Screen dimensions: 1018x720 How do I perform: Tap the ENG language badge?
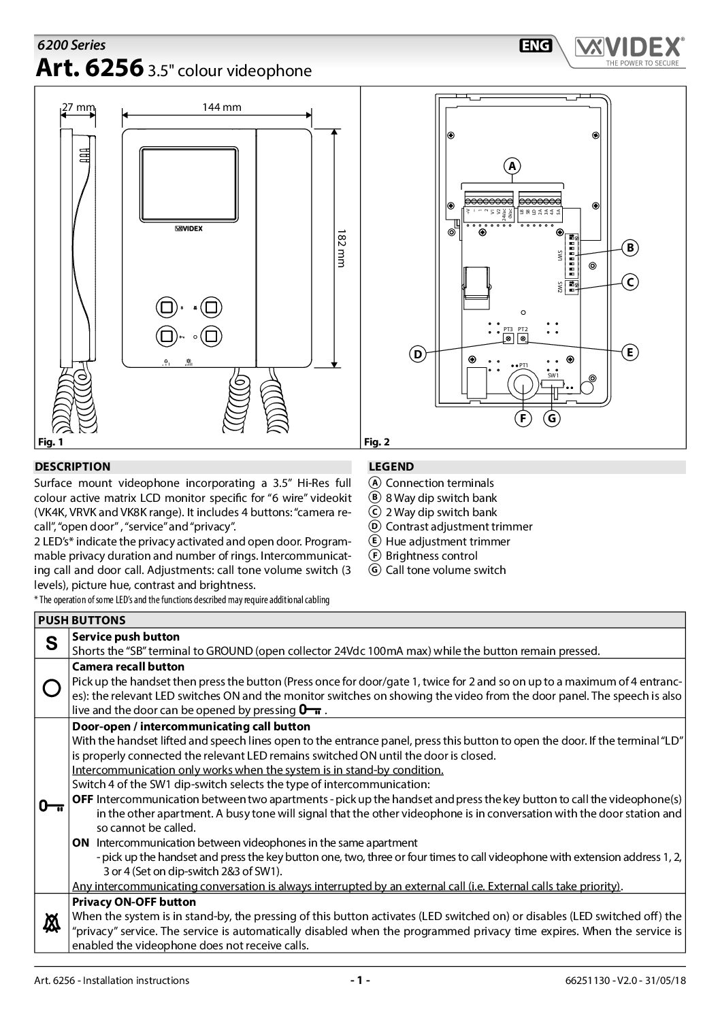click(x=536, y=46)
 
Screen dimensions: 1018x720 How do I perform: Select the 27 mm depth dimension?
click(x=78, y=107)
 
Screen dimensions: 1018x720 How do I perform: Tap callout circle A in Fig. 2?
click(x=512, y=165)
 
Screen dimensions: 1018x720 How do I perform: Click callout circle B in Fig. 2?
click(x=630, y=248)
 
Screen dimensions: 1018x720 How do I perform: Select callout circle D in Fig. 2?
click(x=417, y=354)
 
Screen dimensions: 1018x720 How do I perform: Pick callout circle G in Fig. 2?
click(x=552, y=419)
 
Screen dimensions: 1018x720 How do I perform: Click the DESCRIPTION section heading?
click(x=72, y=466)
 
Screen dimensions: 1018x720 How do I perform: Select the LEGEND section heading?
click(x=391, y=466)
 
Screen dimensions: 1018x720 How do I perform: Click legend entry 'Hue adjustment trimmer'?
click(x=447, y=541)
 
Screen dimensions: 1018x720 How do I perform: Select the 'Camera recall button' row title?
click(x=128, y=666)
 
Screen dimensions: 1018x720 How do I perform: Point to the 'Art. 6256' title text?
click(x=88, y=69)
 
